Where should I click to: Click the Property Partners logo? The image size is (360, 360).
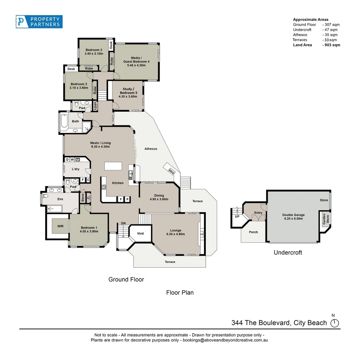(39, 21)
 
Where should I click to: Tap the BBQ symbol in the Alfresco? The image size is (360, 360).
(172, 172)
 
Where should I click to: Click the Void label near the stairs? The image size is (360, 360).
(140, 233)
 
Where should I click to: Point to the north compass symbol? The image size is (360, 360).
(334, 323)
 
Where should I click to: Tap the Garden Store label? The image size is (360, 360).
(324, 219)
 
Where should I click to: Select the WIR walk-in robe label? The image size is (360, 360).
(60, 226)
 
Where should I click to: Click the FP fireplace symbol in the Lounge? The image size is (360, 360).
(202, 235)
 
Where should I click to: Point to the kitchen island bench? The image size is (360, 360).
(113, 166)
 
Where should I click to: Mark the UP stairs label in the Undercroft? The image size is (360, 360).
(237, 216)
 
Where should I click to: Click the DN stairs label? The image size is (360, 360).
(123, 223)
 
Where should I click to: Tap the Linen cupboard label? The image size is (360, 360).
(95, 106)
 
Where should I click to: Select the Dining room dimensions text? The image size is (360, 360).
(159, 199)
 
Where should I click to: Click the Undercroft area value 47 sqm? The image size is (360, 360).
(330, 30)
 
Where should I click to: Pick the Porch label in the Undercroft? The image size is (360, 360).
(253, 232)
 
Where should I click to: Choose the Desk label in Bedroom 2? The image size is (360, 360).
(71, 69)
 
